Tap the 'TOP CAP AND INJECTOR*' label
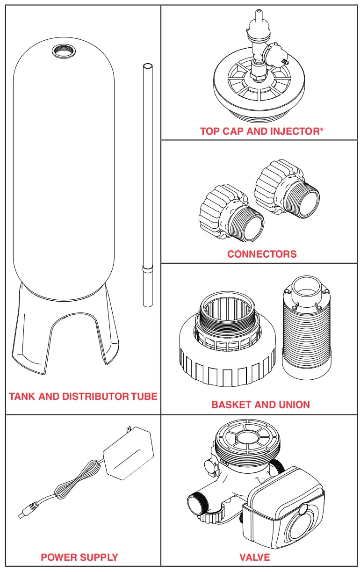[x=262, y=131]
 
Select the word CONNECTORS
[x=262, y=254]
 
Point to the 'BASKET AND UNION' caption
[x=260, y=405]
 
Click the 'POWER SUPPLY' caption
[x=79, y=557]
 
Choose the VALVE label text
[x=255, y=557]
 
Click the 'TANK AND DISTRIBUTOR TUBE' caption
[x=83, y=397]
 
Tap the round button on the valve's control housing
[x=303, y=510]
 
